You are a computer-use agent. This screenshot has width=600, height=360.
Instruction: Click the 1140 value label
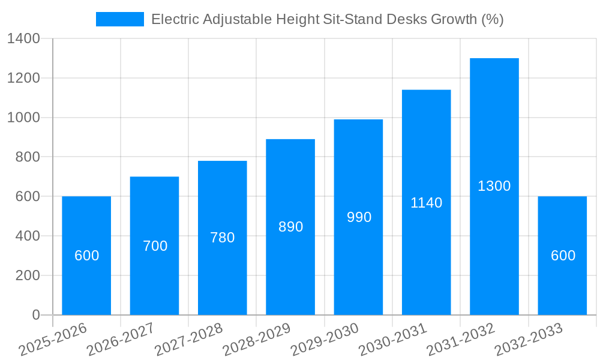click(x=427, y=203)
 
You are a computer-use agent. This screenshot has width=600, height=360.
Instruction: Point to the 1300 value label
click(x=494, y=186)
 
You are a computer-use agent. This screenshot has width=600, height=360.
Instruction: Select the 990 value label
click(x=359, y=217)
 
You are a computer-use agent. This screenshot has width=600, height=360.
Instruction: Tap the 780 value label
click(x=223, y=238)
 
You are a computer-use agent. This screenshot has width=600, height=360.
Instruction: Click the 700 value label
click(x=155, y=246)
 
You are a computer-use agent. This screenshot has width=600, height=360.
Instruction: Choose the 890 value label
click(x=290, y=227)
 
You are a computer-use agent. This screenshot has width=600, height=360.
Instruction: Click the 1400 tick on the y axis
click(x=23, y=39)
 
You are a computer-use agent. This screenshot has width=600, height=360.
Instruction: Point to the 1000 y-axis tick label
click(x=23, y=118)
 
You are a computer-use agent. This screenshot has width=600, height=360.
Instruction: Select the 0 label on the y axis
click(x=36, y=315)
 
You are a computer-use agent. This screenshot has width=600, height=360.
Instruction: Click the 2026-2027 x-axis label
click(x=121, y=340)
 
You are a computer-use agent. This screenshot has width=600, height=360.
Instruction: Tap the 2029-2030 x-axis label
click(x=325, y=340)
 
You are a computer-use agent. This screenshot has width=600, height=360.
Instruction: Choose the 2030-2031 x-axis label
click(x=392, y=340)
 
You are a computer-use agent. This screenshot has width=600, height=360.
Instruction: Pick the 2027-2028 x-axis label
click(x=188, y=340)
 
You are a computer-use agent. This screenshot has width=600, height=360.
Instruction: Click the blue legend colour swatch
click(x=120, y=19)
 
